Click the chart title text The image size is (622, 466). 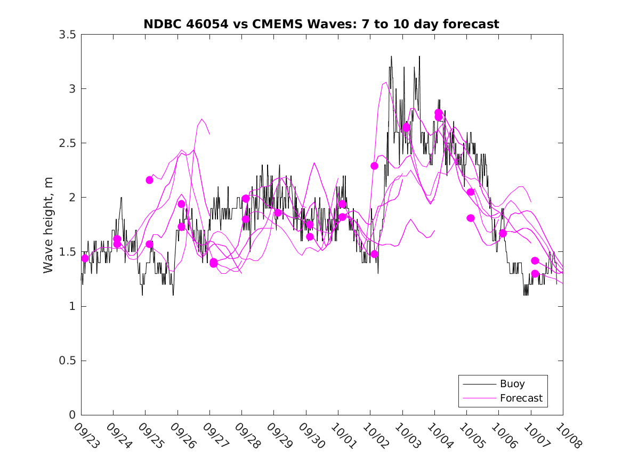tap(321, 24)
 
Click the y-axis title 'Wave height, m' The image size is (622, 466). tap(49, 224)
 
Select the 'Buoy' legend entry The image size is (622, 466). tap(512, 383)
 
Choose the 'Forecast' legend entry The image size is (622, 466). tap(521, 398)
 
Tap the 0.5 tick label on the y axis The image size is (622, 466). tap(67, 361)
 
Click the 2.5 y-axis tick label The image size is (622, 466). tap(67, 143)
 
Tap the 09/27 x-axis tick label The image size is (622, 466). tap(214, 435)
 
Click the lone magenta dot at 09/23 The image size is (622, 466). tap(85, 258)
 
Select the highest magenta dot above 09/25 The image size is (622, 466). tap(149, 180)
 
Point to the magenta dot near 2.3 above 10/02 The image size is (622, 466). tap(374, 166)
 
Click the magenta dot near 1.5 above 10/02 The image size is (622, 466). tap(374, 254)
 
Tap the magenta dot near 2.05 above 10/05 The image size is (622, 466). tap(471, 192)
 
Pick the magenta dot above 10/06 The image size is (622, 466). tap(503, 233)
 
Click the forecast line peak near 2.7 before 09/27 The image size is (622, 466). tap(202, 119)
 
